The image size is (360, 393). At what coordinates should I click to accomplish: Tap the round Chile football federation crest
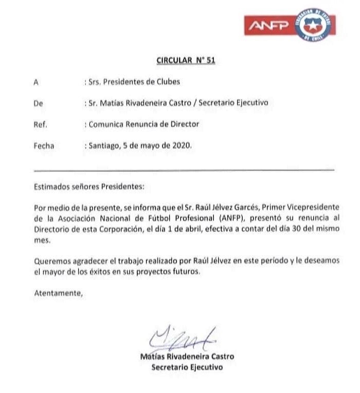point(315,25)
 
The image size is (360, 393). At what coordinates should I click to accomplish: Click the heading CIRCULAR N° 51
point(185,60)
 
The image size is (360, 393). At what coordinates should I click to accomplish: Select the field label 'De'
point(38,103)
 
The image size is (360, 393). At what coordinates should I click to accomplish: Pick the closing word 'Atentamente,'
point(58,293)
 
